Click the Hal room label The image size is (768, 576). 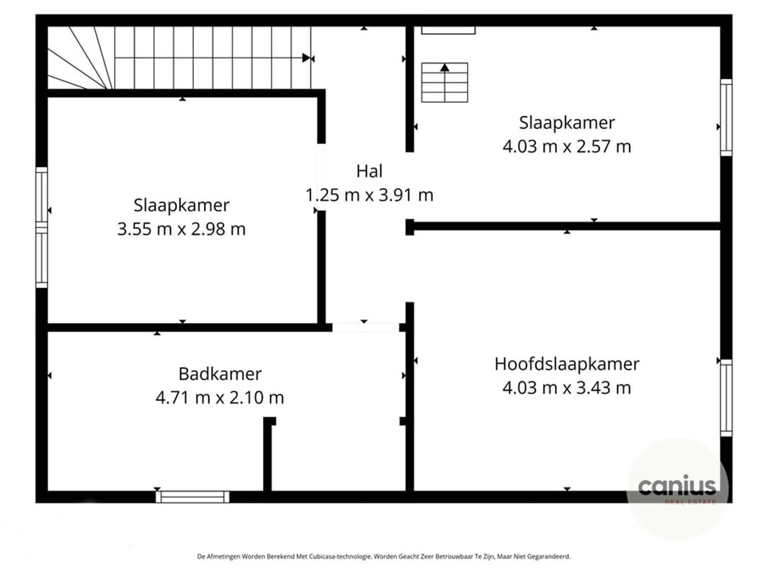click(x=369, y=171)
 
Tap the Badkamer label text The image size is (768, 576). click(x=220, y=374)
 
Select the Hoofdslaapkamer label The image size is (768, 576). click(x=566, y=364)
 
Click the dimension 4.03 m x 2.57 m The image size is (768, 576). click(x=566, y=146)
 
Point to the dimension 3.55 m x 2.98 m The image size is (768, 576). click(x=181, y=229)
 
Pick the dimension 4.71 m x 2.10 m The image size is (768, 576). click(x=220, y=397)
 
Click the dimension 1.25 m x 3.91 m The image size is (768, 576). click(x=369, y=194)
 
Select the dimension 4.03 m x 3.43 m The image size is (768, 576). click(x=566, y=387)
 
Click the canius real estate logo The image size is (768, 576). click(x=677, y=488)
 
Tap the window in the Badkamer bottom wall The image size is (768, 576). click(x=192, y=496)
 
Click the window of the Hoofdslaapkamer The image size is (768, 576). click(x=725, y=397)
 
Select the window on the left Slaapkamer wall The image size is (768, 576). click(x=42, y=228)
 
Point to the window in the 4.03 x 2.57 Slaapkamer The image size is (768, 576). click(x=725, y=117)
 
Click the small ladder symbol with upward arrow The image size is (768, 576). click(x=445, y=82)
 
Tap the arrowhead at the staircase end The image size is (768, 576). click(x=307, y=58)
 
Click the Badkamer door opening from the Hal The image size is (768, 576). click(x=365, y=327)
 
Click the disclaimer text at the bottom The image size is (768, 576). click(x=383, y=556)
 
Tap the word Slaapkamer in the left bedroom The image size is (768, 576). click(x=181, y=205)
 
